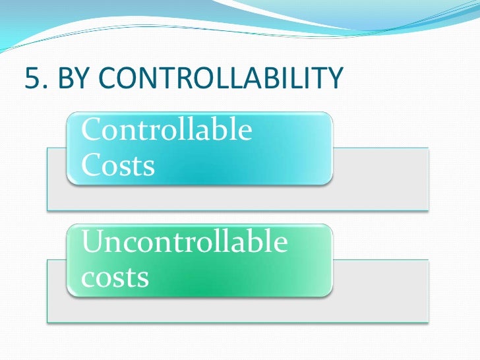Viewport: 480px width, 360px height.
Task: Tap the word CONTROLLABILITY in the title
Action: [221, 79]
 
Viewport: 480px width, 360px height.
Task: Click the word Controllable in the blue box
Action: [166, 130]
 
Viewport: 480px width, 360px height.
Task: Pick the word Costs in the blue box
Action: [118, 165]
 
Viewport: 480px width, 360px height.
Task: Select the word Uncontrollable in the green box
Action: [185, 243]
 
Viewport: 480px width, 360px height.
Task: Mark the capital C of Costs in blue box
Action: [92, 165]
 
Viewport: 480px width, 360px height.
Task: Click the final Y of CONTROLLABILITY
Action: [335, 79]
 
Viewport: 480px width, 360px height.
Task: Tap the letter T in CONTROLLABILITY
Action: [171, 79]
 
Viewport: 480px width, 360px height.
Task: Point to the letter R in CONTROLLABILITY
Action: [190, 79]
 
